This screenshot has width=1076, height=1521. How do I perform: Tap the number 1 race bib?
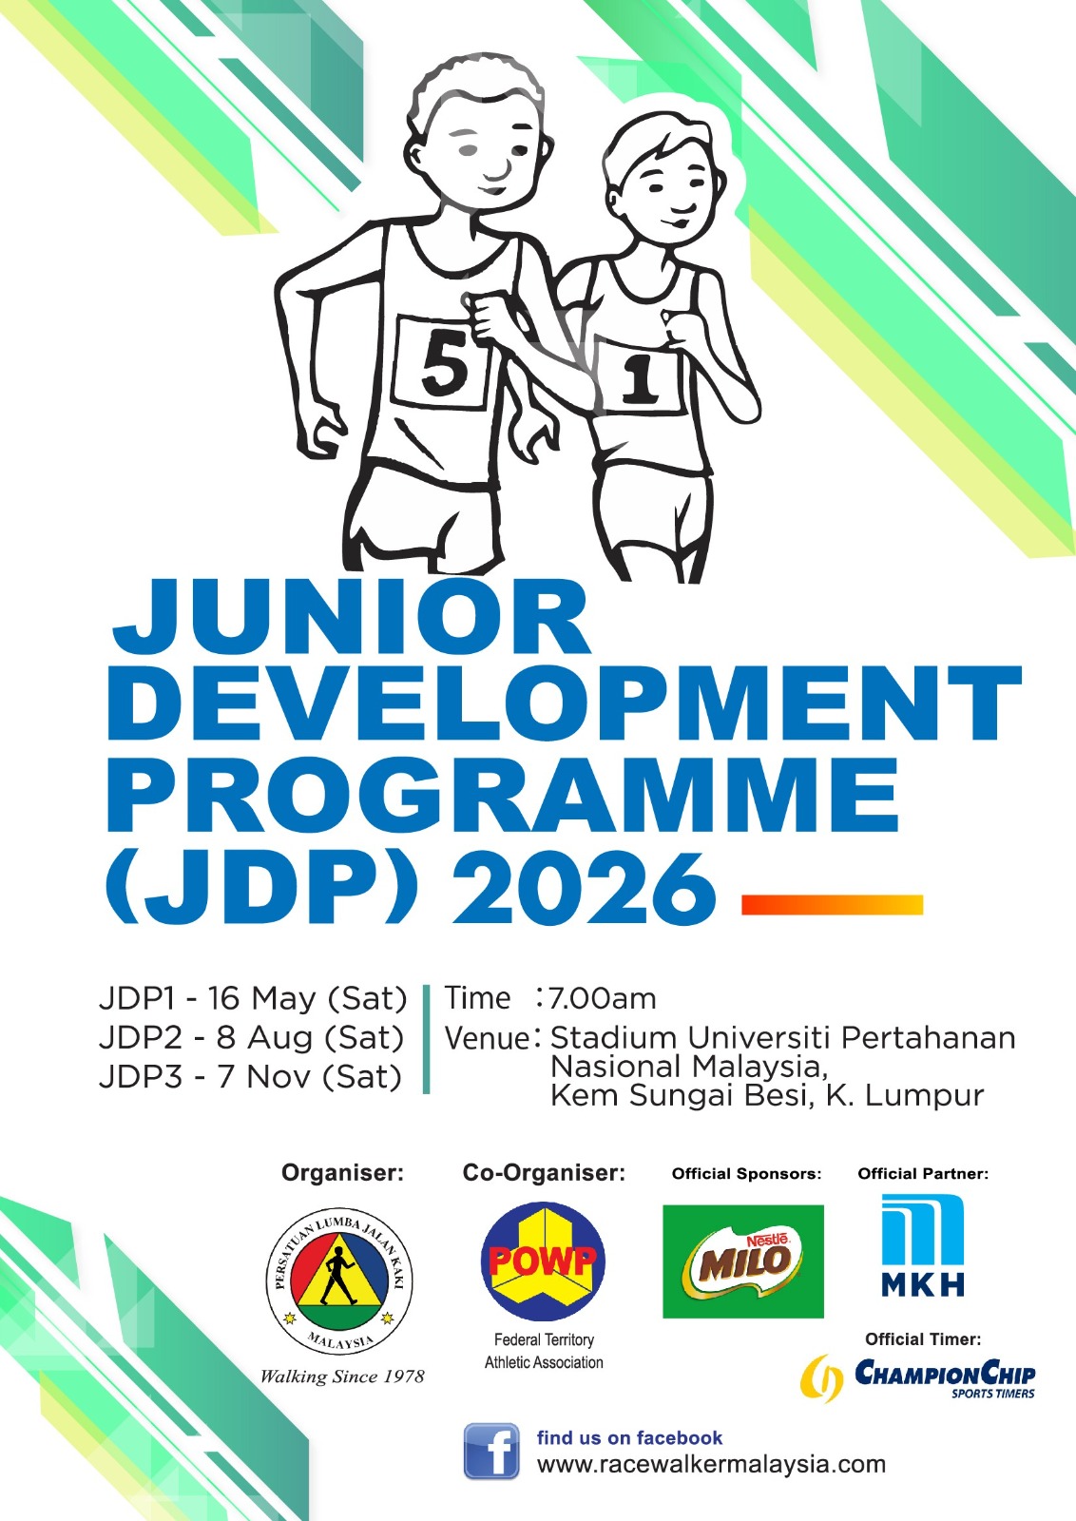638,375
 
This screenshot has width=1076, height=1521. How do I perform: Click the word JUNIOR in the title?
351,618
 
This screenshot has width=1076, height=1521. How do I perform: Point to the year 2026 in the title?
585,890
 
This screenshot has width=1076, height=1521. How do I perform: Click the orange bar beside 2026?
833,905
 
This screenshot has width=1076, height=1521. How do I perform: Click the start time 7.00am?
602,999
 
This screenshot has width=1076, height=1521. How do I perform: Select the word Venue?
487,1038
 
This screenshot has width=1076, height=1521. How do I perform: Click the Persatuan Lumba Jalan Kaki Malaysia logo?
338,1280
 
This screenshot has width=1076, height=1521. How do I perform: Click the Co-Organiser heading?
544,1173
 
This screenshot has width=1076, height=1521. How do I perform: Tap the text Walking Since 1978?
342,1377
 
